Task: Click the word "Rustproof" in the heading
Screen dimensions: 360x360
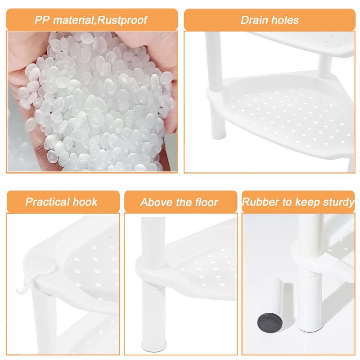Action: pyautogui.click(x=122, y=20)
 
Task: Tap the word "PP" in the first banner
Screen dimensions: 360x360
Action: pyautogui.click(x=42, y=20)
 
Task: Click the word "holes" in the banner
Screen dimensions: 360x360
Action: pyautogui.click(x=285, y=20)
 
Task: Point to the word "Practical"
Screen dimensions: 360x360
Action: pyautogui.click(x=48, y=202)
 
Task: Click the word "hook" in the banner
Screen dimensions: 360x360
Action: pyautogui.click(x=85, y=202)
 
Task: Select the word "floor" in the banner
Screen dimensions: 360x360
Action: pyautogui.click(x=207, y=202)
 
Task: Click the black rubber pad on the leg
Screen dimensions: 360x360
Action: pyautogui.click(x=270, y=323)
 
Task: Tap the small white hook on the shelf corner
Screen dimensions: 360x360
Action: pyautogui.click(x=22, y=287)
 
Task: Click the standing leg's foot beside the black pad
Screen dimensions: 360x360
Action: pyautogui.click(x=310, y=326)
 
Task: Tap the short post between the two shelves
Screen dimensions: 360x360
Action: pyautogui.click(x=325, y=67)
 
